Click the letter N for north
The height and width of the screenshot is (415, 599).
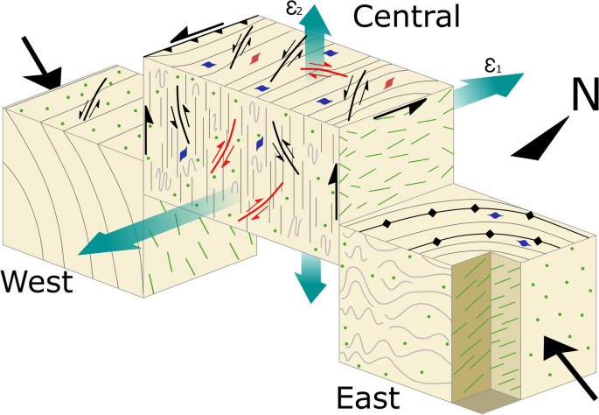pos(577,97)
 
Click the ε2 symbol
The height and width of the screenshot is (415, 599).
pos(296,11)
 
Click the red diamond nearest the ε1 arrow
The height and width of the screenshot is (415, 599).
pos(388,83)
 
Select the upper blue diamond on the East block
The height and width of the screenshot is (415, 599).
pos(496,215)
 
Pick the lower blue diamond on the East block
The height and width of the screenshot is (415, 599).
pos(523,243)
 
